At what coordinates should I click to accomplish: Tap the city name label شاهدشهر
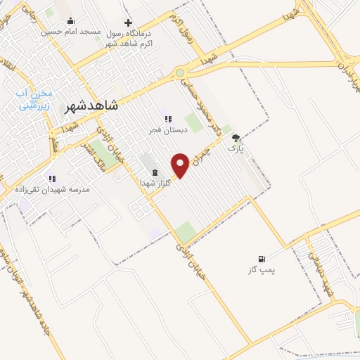(x=91, y=106)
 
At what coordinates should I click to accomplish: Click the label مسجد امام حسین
(x=71, y=32)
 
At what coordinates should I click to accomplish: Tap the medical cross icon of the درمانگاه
(x=127, y=22)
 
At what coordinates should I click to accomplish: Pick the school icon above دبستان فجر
(x=167, y=119)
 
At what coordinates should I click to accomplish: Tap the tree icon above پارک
(x=235, y=138)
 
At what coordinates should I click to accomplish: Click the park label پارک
(x=235, y=149)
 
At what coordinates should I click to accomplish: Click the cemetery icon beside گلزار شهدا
(x=155, y=173)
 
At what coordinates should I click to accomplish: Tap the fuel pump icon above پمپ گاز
(x=262, y=259)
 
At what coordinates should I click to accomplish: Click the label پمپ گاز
(x=263, y=271)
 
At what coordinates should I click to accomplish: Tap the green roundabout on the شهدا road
(x=181, y=72)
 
